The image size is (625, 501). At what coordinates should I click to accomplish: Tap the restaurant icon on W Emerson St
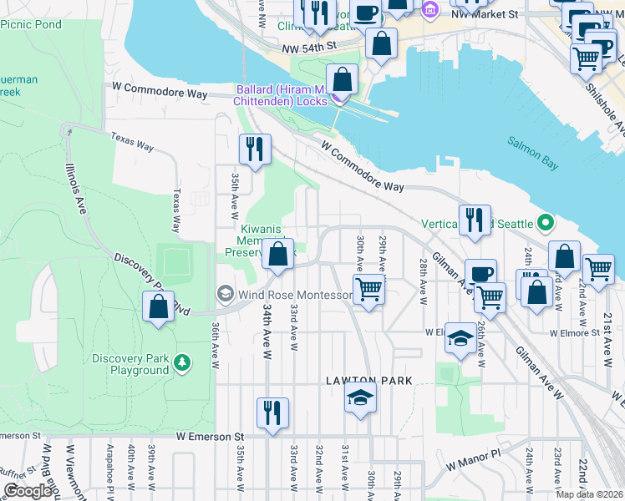coord(272,413)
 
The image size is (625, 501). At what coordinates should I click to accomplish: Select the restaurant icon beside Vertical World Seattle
coord(475,220)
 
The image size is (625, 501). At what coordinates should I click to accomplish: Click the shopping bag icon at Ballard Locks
coord(342,80)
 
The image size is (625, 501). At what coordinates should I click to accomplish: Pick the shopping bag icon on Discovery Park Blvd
coord(158,306)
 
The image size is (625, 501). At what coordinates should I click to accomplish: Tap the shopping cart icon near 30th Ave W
coord(368,290)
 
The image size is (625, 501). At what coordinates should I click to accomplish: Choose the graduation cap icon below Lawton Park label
coord(360,397)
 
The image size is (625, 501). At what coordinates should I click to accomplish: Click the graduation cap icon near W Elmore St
coord(460,337)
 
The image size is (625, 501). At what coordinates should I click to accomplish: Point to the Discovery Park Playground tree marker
coord(181,363)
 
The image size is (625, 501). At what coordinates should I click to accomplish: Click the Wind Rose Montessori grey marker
coord(225,294)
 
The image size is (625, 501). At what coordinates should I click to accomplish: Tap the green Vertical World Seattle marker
coord(546,223)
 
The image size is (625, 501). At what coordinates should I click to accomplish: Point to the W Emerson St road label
coord(209,436)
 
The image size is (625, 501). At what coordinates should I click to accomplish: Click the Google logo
coord(28,491)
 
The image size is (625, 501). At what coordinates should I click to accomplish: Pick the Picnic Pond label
coord(31,24)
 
